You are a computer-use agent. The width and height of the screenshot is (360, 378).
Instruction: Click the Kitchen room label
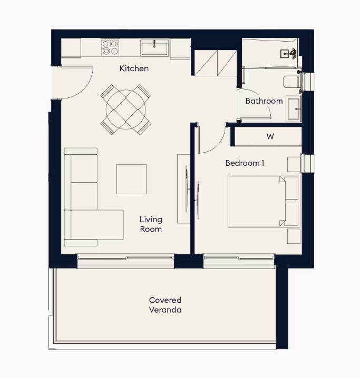[134, 68]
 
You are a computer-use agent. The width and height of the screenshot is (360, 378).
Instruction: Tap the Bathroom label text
[264, 101]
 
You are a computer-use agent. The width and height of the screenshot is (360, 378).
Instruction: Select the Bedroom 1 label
[245, 163]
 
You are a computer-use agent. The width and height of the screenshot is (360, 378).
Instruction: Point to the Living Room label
[151, 224]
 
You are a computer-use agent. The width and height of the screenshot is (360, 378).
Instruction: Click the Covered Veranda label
[166, 305]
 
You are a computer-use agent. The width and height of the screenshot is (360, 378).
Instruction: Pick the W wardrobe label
[270, 136]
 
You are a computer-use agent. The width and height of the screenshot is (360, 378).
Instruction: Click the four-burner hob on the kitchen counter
[110, 47]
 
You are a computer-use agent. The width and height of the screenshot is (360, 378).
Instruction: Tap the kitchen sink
[154, 48]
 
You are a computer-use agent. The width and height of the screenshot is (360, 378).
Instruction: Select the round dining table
[126, 110]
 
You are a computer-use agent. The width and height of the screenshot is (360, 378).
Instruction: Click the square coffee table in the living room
[131, 179]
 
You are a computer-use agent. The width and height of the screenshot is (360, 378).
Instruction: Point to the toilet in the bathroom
[293, 82]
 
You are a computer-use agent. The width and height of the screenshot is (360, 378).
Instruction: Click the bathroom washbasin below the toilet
[294, 109]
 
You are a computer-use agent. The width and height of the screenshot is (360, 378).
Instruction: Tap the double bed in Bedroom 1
[264, 202]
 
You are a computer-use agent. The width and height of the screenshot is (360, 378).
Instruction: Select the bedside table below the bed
[294, 236]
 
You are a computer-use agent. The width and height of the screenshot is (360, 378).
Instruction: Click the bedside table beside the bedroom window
[294, 164]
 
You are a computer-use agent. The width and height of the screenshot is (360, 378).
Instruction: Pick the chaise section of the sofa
[97, 225]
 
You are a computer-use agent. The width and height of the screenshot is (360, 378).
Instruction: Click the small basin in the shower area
[285, 54]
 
